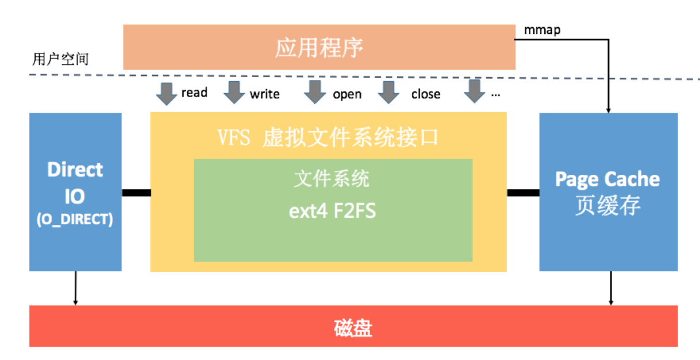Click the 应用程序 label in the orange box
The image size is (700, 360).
pyautogui.click(x=319, y=48)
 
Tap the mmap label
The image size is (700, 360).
pyautogui.click(x=541, y=30)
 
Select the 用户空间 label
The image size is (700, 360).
pyautogui.click(x=60, y=59)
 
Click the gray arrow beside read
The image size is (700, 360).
pyautogui.click(x=167, y=93)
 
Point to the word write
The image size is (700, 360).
pyautogui.click(x=264, y=94)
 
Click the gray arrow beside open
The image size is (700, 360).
pyautogui.click(x=315, y=92)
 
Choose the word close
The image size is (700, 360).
pyautogui.click(x=425, y=94)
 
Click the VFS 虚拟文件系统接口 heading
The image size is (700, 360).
pyautogui.click(x=328, y=138)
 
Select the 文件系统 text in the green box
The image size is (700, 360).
pyautogui.click(x=332, y=179)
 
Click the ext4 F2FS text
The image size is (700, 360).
pyautogui.click(x=332, y=211)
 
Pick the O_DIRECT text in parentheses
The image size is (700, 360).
pyautogui.click(x=75, y=219)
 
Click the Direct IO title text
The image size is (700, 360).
pyautogui.click(x=75, y=183)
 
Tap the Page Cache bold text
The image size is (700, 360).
pyautogui.click(x=607, y=179)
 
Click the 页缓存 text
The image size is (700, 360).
pyautogui.click(x=607, y=206)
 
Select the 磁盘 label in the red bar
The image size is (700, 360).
pyautogui.click(x=353, y=328)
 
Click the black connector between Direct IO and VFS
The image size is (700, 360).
pyautogui.click(x=136, y=193)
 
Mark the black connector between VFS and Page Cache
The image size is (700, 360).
pyautogui.click(x=522, y=193)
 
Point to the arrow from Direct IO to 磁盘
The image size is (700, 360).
pyautogui.click(x=75, y=288)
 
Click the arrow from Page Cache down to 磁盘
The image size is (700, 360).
pyautogui.click(x=610, y=288)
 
